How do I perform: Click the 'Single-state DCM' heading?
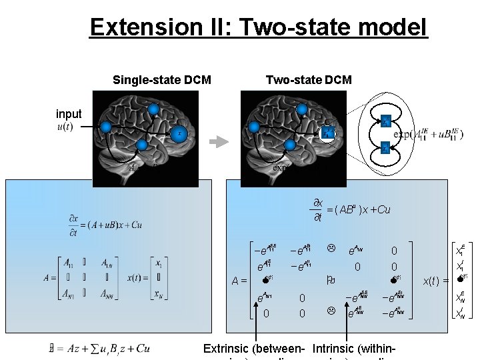(162, 80)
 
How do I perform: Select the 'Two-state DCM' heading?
(309, 80)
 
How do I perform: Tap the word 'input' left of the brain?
(69, 114)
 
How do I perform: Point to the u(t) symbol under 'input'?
(64, 127)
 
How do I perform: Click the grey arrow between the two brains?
(217, 141)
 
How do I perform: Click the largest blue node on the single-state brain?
(177, 134)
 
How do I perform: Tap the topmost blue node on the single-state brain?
(153, 109)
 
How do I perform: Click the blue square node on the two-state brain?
(327, 133)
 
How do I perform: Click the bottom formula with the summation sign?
(100, 348)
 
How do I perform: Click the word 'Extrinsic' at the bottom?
(229, 348)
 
